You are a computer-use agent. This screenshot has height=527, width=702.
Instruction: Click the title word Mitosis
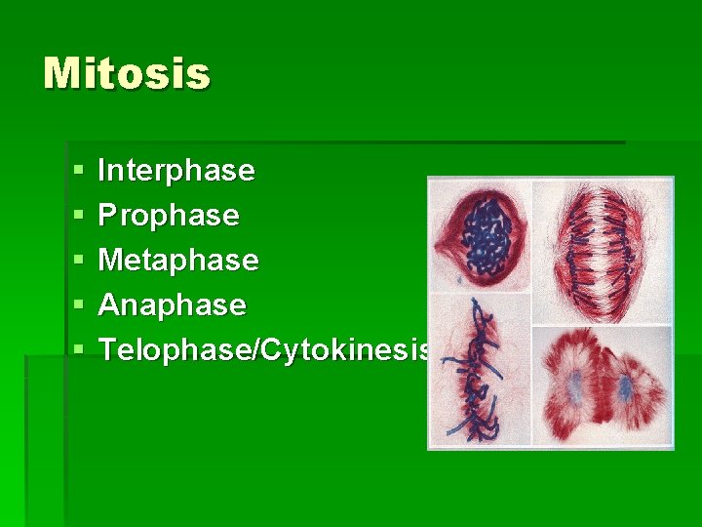pyautogui.click(x=127, y=74)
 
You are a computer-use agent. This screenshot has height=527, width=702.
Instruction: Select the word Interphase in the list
pyautogui.click(x=176, y=171)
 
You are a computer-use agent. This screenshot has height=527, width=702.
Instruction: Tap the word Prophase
pyautogui.click(x=169, y=216)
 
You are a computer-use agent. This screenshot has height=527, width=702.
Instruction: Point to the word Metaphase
pyautogui.click(x=178, y=261)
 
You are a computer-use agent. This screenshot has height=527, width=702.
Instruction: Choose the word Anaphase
pyautogui.click(x=173, y=305)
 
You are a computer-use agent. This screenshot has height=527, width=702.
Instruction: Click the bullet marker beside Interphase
pyautogui.click(x=78, y=172)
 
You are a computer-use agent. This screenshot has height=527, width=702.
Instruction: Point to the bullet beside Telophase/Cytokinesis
pyautogui.click(x=78, y=350)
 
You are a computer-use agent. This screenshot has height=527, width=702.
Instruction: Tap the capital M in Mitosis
pyautogui.click(x=61, y=74)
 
